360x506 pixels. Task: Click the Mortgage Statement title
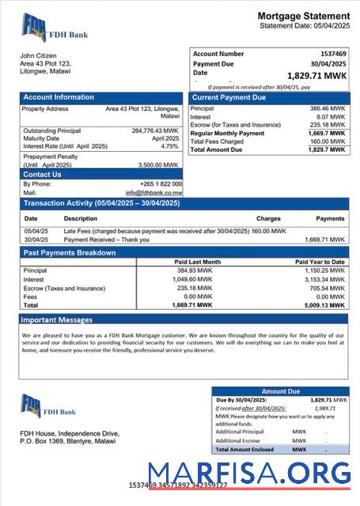point(303,16)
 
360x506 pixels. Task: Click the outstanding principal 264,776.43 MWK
point(155,130)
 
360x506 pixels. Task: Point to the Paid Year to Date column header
point(320,262)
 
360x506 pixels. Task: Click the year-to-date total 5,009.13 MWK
point(326,304)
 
